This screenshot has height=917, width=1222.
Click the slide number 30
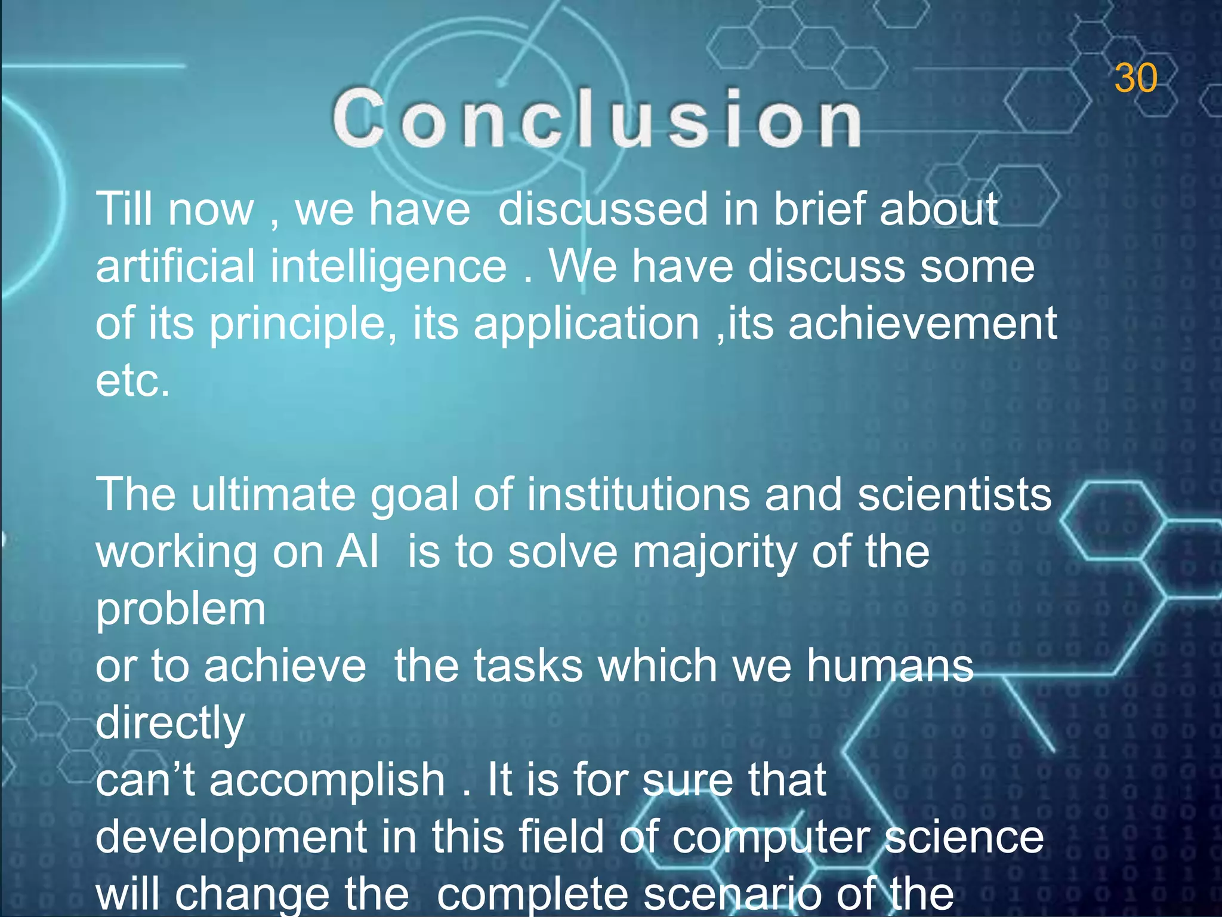point(1135,78)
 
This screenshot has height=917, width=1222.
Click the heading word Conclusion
point(597,118)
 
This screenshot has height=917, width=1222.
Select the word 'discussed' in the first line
point(603,210)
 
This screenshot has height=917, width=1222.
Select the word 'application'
point(587,324)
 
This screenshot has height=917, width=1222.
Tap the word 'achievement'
point(922,323)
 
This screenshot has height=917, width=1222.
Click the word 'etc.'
point(132,380)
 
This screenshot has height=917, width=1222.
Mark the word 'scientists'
point(955,494)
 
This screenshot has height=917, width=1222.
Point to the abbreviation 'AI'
point(357,552)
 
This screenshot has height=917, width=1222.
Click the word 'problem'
point(181,610)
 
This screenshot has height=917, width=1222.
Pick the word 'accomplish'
point(327,780)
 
